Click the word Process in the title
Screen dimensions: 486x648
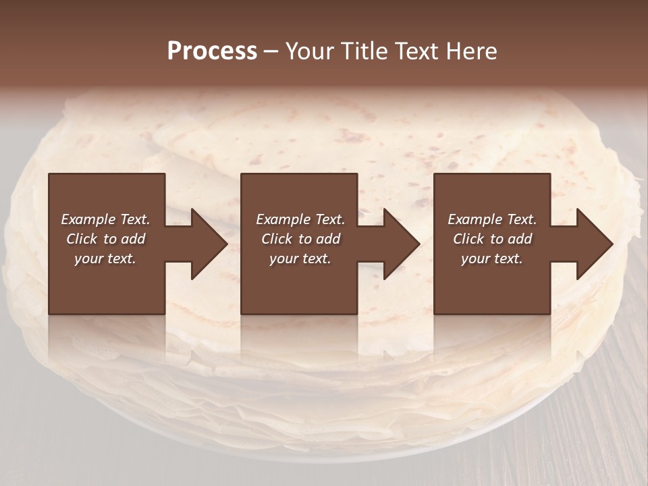click(x=212, y=51)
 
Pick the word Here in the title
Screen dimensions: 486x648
click(x=473, y=51)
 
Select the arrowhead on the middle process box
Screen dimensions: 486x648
click(x=400, y=244)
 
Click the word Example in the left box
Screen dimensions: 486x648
click(x=88, y=219)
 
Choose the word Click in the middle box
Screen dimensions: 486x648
click(x=277, y=239)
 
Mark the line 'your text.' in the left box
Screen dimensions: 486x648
click(x=105, y=259)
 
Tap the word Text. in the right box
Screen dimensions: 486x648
click(x=521, y=219)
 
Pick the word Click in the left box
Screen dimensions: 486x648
click(x=82, y=239)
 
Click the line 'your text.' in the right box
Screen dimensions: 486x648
click(x=491, y=259)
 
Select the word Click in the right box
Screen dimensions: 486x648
click(x=469, y=239)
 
